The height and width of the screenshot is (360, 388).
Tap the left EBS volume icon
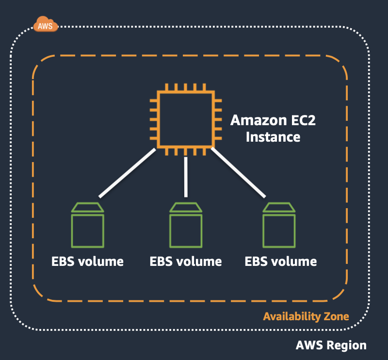coord(88,227)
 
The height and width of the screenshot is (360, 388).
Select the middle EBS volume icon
coord(186,227)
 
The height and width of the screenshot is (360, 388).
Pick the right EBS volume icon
coord(279,227)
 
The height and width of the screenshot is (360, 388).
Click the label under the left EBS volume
coord(88,262)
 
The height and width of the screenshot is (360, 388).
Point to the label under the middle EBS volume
coord(186,262)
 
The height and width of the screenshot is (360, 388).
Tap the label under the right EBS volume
coord(281,262)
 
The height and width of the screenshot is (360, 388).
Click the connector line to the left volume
coord(127,173)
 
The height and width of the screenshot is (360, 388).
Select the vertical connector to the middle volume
coord(186,177)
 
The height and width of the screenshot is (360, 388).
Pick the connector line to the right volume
coord(238,173)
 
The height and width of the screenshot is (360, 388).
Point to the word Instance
coord(273,137)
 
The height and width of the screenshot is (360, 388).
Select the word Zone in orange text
coord(336,317)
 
